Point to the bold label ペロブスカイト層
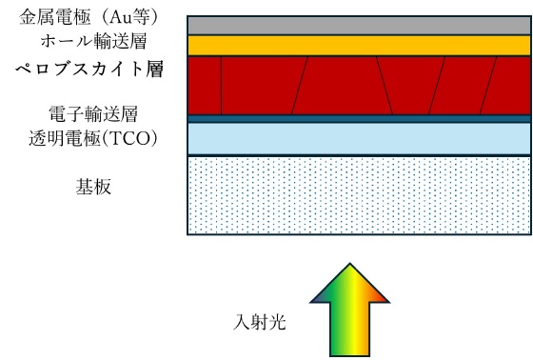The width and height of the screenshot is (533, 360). coord(87,70)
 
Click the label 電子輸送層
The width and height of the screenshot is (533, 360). coord(89,113)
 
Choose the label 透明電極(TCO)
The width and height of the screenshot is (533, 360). coord(91,139)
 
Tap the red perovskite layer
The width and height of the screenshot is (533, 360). coord(343,85)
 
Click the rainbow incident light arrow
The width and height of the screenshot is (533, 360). coord(350,314)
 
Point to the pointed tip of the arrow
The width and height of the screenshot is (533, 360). coord(350,268)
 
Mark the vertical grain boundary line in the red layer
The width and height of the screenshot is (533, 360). coord(221,85)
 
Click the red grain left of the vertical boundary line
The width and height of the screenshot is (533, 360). coord(204,85)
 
